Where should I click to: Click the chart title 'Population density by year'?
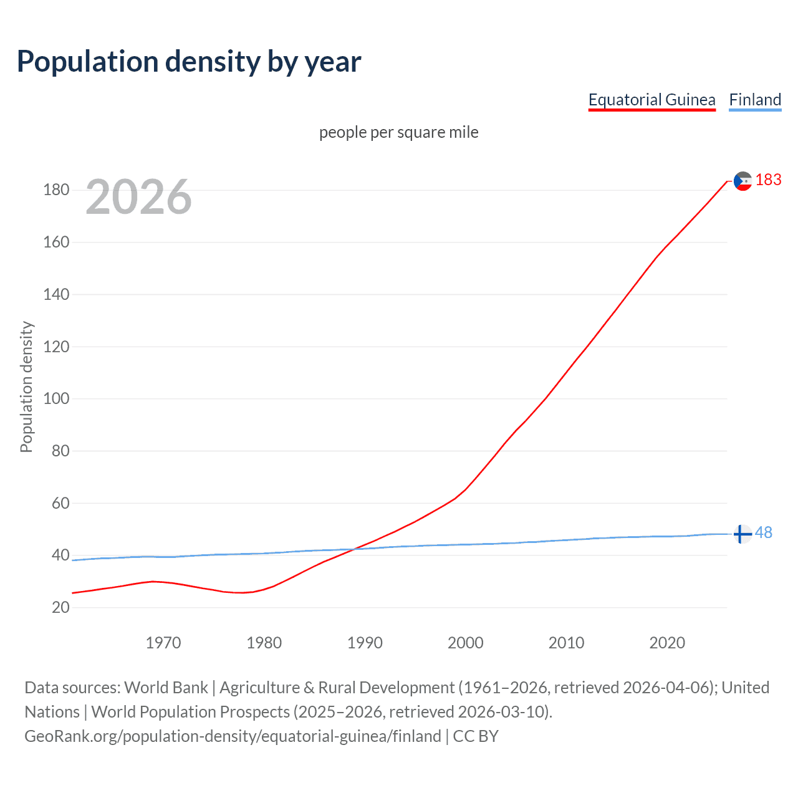point(189,62)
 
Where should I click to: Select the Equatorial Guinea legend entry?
point(651,100)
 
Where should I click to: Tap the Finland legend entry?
point(755,100)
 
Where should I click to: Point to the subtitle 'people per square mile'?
point(398,132)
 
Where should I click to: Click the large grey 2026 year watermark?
point(138,197)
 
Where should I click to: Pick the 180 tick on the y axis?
point(56,190)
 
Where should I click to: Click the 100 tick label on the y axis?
point(56,398)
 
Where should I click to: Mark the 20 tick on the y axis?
point(60,607)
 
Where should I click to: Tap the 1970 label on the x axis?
point(163,643)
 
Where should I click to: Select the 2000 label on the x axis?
point(465,643)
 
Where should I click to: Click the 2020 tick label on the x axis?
point(667,643)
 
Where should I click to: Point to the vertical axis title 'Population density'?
point(26,387)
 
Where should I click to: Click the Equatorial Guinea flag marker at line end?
point(743,181)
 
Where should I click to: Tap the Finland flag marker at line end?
point(742,534)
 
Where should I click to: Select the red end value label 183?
point(768,180)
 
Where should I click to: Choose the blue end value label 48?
point(764,533)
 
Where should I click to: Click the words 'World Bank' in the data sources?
point(166,688)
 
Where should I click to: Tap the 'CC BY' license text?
point(476,736)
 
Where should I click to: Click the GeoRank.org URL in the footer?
point(233,736)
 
